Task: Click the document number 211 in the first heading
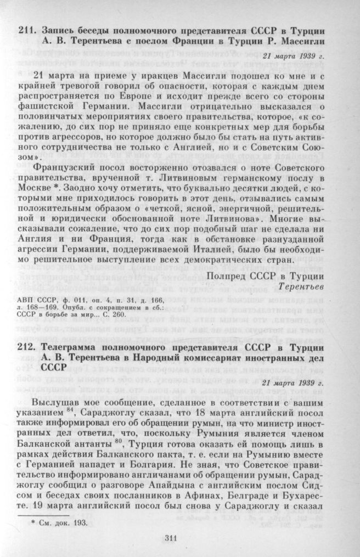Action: tap(25, 29)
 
